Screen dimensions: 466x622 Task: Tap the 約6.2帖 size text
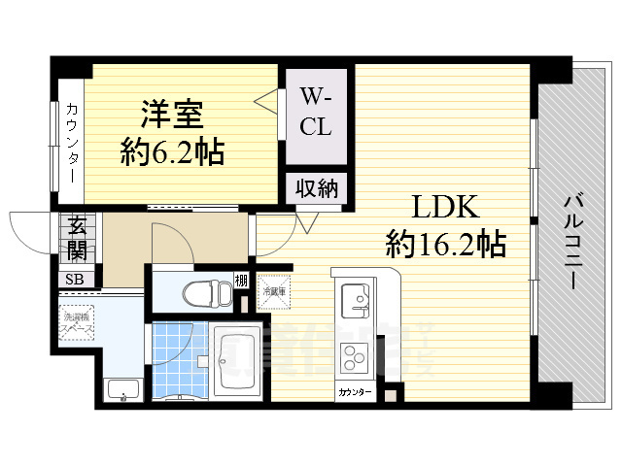point(172,151)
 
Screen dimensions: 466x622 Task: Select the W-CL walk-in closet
point(315,112)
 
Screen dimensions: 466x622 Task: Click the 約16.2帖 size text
point(445,243)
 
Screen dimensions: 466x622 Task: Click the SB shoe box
point(74,279)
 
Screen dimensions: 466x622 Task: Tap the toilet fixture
point(200,288)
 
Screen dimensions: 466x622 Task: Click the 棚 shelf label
point(240,283)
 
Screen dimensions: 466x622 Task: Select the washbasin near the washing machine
point(121,390)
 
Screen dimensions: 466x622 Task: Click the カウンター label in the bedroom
point(74,146)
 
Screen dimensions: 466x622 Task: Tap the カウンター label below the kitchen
point(353,393)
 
